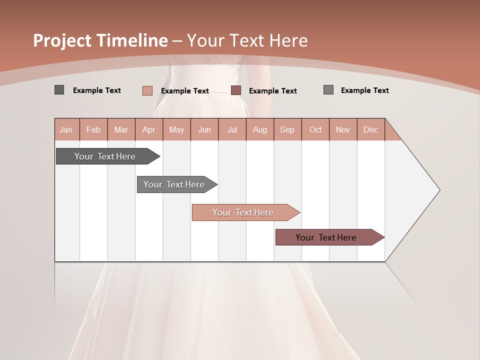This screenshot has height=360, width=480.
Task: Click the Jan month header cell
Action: (66, 129)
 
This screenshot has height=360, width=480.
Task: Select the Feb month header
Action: (93, 129)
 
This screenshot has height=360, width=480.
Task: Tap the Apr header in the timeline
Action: (149, 129)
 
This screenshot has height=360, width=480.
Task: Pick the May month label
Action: (176, 129)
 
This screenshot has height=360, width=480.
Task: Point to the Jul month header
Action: (232, 129)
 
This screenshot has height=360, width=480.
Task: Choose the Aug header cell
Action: (260, 129)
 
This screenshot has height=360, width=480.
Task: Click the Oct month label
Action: (315, 129)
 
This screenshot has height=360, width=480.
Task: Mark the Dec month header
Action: (371, 129)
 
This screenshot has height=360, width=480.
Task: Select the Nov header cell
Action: (343, 129)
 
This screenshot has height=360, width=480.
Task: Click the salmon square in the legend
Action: (147, 90)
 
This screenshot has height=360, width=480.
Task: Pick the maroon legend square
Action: (236, 90)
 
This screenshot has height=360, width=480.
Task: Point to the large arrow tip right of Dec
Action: (420, 190)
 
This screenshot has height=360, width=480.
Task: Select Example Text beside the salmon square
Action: (185, 91)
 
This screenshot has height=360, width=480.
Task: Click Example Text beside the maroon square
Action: (273, 91)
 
